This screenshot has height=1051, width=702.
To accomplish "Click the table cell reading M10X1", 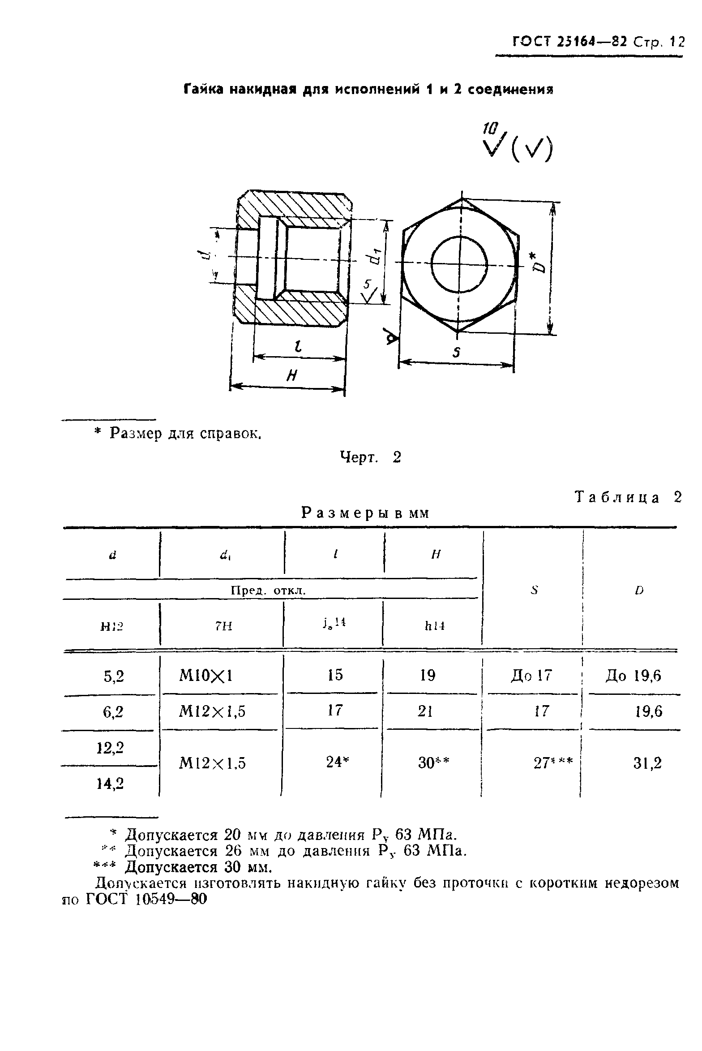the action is coord(205,675).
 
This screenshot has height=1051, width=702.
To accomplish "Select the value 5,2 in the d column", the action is coord(113,676).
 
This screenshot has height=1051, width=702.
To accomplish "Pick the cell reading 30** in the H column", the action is coord(433,762).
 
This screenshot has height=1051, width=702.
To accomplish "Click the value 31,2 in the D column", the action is coord(647,762).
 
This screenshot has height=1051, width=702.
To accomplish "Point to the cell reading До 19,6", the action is coord(633,676).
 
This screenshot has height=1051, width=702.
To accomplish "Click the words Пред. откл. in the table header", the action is coord(268,590).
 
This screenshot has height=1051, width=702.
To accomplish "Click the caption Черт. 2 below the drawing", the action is coord(370,457).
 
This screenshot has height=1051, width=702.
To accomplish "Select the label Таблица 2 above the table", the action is coord(628,497).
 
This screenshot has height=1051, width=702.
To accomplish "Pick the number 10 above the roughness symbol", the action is coord(488,129).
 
